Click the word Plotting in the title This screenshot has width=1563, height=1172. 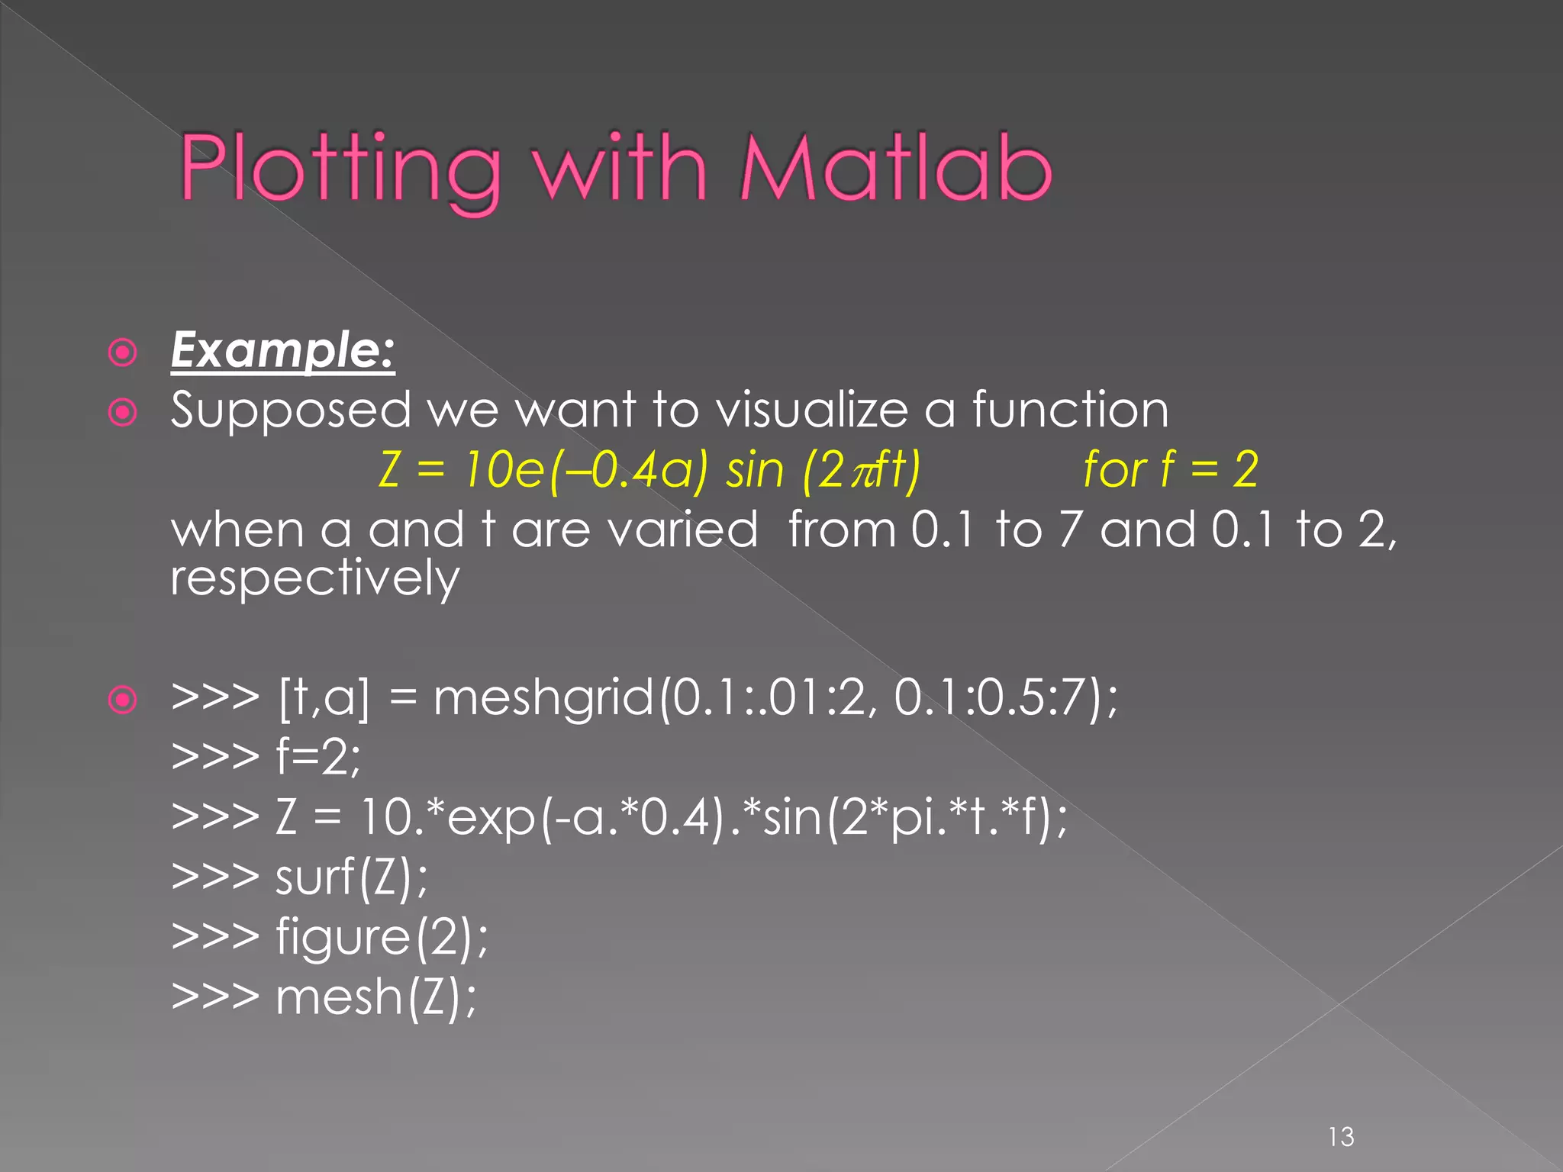pos(340,169)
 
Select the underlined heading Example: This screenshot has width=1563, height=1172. pos(282,351)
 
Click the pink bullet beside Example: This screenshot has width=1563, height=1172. pos(123,353)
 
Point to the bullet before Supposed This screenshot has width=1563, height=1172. pos(123,413)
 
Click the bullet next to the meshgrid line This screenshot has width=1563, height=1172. pos(123,700)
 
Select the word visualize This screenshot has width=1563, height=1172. pos(812,410)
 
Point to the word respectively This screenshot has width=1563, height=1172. pos(314,578)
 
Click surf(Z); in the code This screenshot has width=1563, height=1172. pos(351,877)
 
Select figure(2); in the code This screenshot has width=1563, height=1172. pos(381,937)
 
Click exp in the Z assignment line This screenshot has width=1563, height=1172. pos(491,818)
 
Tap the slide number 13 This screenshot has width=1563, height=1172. pos(1341,1137)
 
